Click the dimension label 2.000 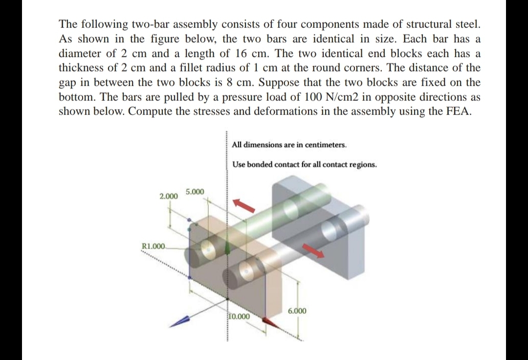(x=169, y=197)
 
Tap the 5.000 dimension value (x=196, y=191)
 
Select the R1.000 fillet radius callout (x=154, y=246)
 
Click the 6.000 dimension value (x=297, y=311)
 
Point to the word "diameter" (x=79, y=53)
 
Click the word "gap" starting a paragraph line (x=67, y=83)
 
